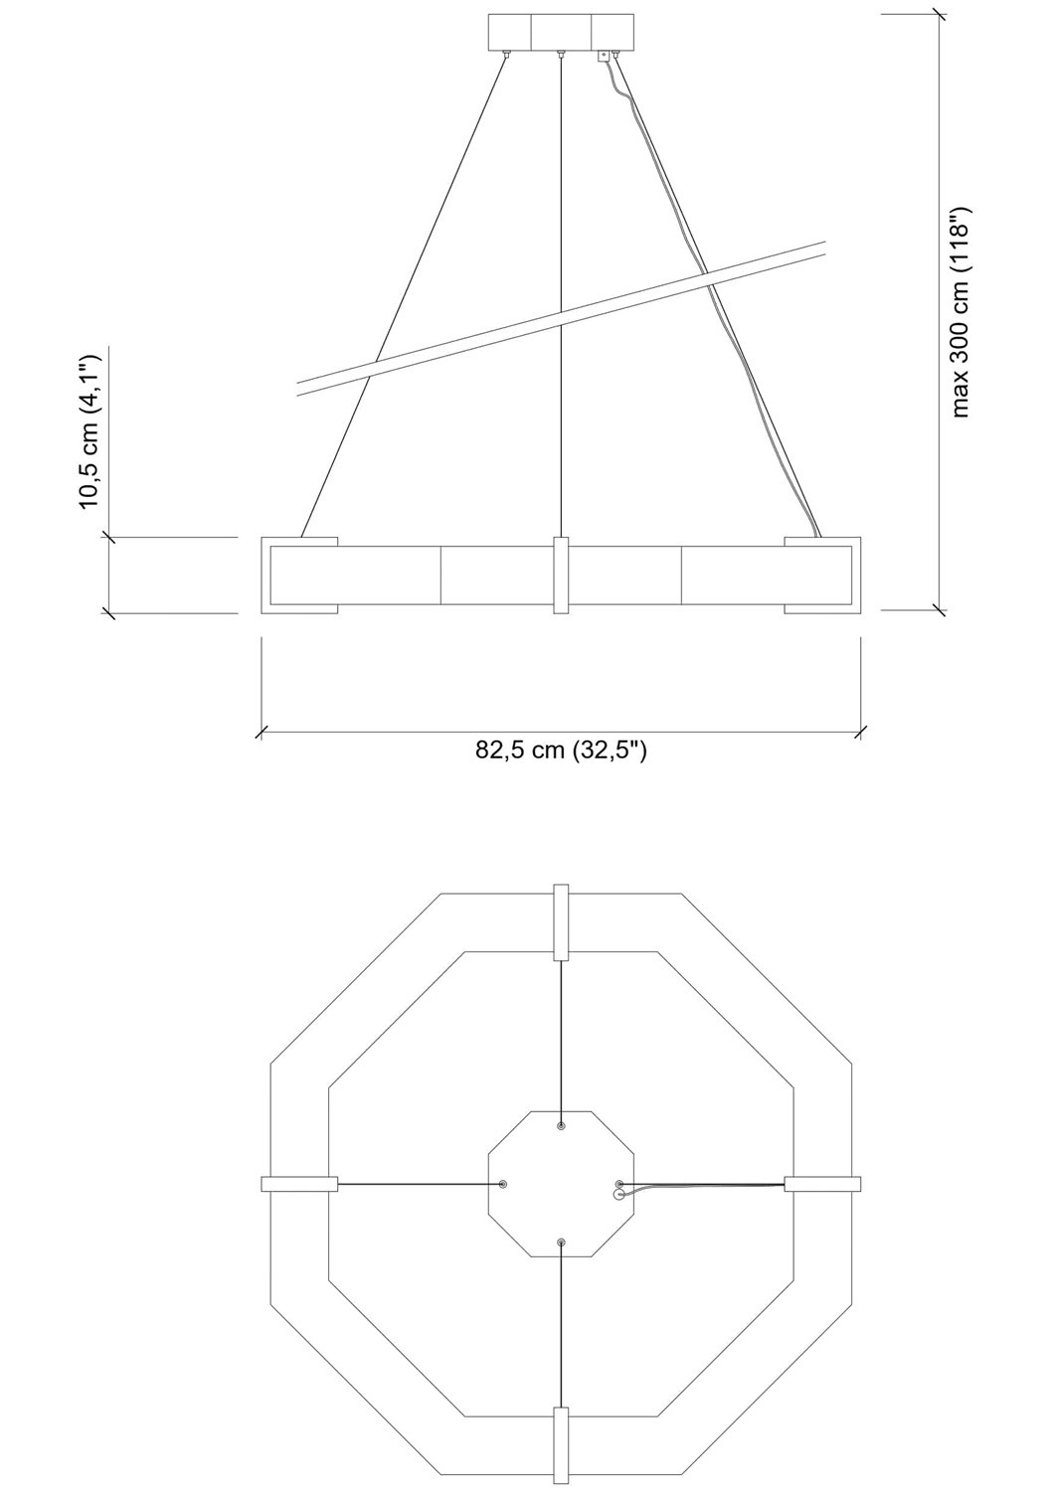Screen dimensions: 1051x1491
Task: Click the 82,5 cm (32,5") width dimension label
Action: (x=561, y=750)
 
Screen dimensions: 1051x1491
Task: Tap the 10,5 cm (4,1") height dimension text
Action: (x=89, y=432)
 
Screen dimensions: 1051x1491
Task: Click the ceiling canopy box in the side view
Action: (x=561, y=33)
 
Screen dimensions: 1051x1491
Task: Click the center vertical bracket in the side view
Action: (x=561, y=576)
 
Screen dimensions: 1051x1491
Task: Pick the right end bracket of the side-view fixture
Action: (x=822, y=576)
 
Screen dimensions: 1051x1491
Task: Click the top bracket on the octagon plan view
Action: (x=561, y=922)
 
